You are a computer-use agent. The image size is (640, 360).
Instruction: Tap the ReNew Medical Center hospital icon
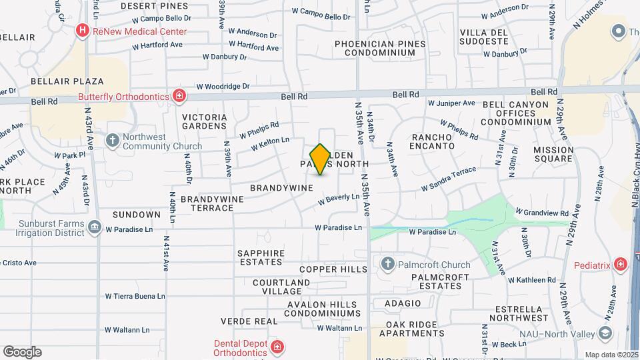(x=82, y=30)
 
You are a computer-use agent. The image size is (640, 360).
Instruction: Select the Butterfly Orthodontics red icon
(x=179, y=97)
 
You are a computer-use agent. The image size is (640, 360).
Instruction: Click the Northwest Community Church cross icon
(x=113, y=141)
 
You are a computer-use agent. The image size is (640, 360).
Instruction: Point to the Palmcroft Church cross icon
(x=387, y=265)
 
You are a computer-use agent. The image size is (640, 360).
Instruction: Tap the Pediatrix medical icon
(x=621, y=265)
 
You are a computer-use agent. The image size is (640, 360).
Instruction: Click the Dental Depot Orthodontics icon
(x=277, y=347)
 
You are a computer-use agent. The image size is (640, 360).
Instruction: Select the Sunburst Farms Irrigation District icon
(x=94, y=228)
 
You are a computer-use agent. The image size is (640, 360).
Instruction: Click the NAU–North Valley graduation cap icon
(x=605, y=331)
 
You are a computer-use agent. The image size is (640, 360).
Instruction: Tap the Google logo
(x=22, y=351)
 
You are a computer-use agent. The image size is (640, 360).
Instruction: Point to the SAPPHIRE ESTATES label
(x=266, y=258)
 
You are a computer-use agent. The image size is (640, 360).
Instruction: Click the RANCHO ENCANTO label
(x=431, y=141)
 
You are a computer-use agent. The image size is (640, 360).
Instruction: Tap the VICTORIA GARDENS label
(x=205, y=121)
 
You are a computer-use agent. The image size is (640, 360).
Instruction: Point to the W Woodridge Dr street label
(x=222, y=87)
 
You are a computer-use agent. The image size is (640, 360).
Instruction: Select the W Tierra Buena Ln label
(x=135, y=296)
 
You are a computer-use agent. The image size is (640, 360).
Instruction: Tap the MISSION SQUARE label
(x=553, y=154)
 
